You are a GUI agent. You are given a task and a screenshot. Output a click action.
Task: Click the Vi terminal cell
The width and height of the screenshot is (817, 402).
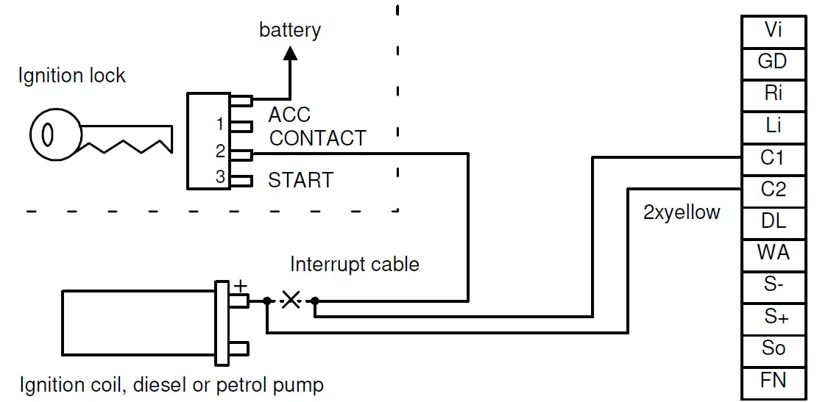pos(773,30)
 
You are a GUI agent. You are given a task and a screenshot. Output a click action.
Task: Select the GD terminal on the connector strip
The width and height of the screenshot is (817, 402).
pos(773,62)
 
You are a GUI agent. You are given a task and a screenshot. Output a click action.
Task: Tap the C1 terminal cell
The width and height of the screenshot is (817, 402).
pos(773,157)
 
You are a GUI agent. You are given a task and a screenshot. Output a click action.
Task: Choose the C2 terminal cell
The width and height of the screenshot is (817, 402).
pos(773,190)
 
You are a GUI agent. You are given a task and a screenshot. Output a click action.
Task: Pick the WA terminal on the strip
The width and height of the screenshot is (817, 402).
pos(773,253)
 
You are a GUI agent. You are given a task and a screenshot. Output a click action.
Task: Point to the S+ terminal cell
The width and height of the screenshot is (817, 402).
pos(773,317)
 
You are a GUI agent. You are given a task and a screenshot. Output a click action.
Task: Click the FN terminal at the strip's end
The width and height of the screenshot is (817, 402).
pos(773,380)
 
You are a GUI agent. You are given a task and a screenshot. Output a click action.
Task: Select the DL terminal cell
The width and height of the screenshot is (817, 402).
pos(773,221)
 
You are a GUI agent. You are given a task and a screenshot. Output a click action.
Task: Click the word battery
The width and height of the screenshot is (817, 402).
pos(290,30)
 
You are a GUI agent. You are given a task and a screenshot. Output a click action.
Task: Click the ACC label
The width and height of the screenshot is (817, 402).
pos(289,115)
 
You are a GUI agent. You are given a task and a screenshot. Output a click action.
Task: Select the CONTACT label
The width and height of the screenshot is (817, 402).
pos(317,138)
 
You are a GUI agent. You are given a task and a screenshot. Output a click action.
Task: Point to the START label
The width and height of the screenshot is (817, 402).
pos(300,180)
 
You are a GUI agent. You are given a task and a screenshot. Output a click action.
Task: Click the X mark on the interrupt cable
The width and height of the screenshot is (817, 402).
pos(291,300)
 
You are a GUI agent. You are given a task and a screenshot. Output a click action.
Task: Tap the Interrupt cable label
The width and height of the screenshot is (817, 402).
pos(354,265)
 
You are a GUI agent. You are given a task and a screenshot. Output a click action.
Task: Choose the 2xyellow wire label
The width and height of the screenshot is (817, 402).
pos(682,213)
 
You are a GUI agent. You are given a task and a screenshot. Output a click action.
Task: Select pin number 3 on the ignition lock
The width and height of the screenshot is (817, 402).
pos(219,177)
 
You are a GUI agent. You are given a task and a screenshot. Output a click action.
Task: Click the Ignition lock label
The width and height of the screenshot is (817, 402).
pos(71,76)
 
